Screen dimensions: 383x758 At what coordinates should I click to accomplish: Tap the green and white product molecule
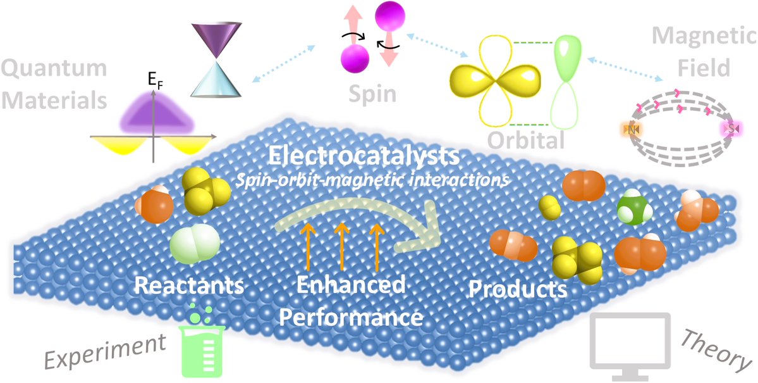[636, 206]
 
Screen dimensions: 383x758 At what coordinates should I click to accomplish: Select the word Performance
[351, 315]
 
